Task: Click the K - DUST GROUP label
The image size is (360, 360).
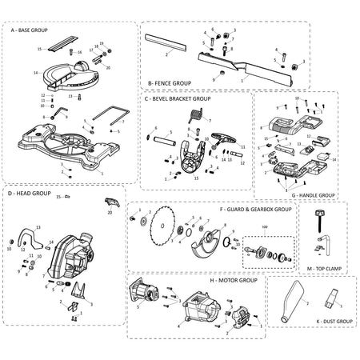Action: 314,322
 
